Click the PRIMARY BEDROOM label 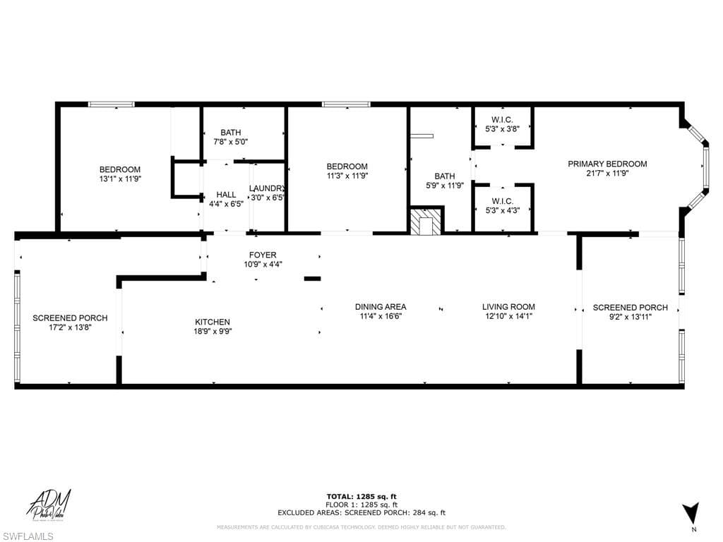point(607,164)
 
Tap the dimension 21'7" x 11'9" point(607,174)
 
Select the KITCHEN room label point(213,322)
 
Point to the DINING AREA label point(381,306)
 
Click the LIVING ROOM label point(508,306)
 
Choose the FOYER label point(263,255)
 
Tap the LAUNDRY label point(267,188)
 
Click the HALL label point(226,194)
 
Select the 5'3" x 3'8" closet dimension point(502,129)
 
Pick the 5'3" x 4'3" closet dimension point(502,210)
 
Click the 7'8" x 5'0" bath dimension point(230,141)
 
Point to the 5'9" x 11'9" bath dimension point(445,186)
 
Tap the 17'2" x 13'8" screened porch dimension point(70,327)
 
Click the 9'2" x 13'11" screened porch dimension point(630,317)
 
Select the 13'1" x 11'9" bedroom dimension point(119,179)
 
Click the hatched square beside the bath point(426,222)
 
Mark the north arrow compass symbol point(692,512)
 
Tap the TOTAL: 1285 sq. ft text point(361,496)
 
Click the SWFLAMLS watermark point(28,536)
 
